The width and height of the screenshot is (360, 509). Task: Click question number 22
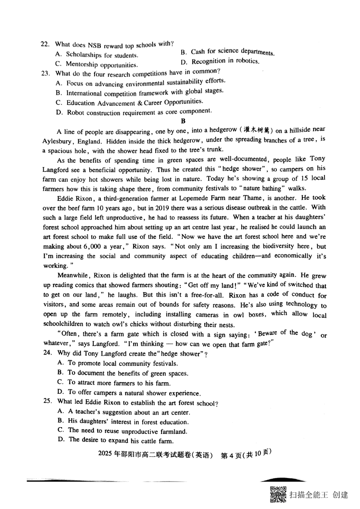45,45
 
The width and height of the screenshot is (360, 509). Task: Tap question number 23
45,73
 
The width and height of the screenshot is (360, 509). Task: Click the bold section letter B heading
183,121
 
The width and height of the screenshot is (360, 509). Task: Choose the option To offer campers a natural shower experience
128,393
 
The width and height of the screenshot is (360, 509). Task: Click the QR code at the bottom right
278,495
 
